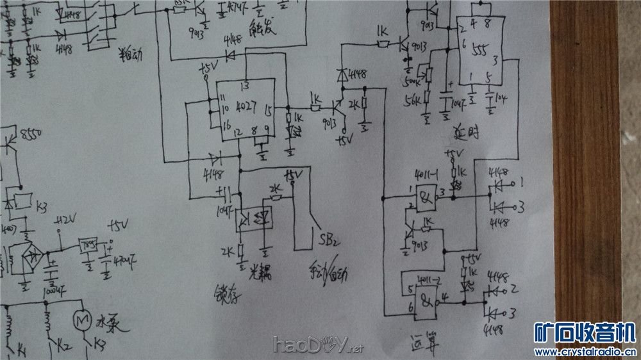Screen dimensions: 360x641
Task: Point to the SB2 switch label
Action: point(329,240)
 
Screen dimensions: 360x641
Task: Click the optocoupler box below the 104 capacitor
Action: point(253,218)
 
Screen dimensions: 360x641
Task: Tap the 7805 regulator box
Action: point(87,245)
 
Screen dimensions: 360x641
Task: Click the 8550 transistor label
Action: point(30,134)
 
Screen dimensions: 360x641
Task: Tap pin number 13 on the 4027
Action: point(244,85)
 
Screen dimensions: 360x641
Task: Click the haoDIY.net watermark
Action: point(318,346)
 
